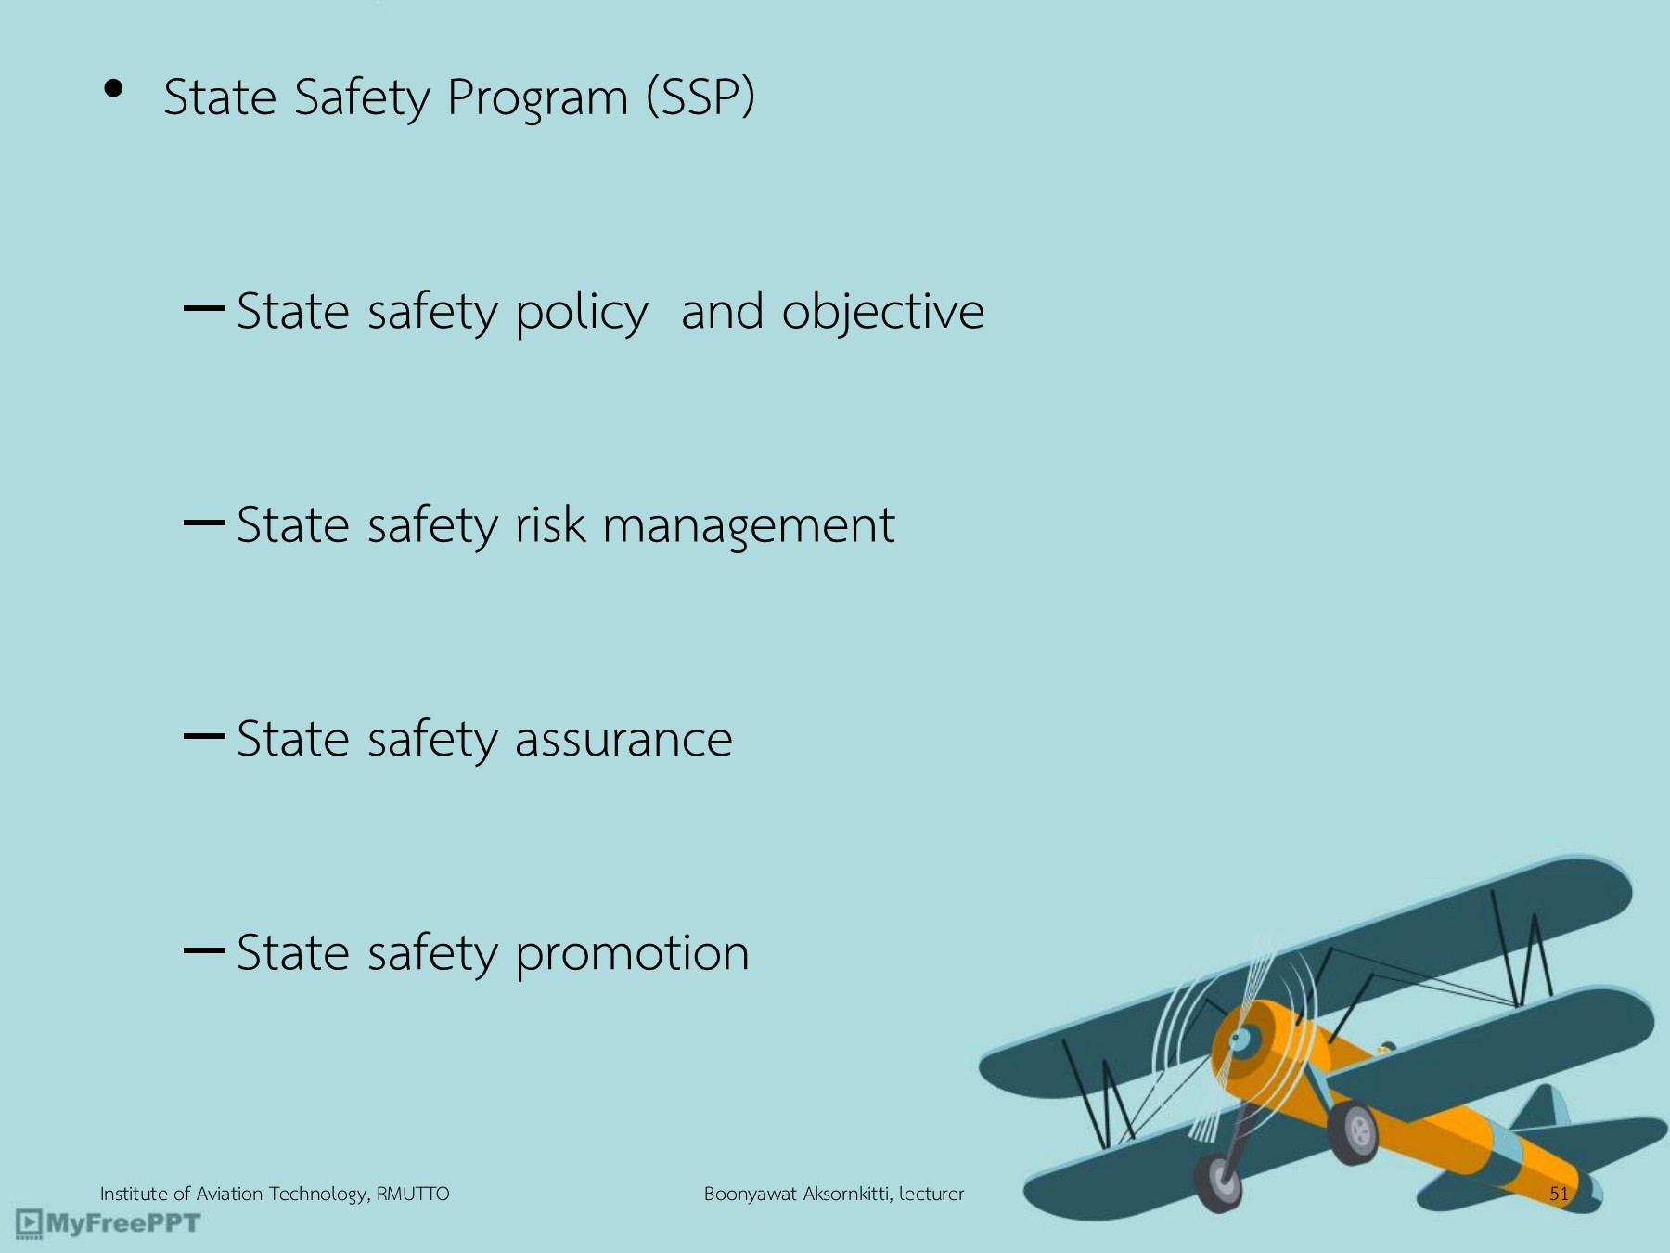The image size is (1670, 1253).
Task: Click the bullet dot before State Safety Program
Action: (114, 89)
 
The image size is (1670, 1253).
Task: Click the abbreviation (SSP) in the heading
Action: (700, 97)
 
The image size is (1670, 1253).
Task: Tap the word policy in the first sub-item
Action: (581, 314)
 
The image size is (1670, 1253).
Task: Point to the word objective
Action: (882, 314)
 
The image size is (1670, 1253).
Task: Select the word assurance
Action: (623, 740)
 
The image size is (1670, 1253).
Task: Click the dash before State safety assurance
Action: (204, 737)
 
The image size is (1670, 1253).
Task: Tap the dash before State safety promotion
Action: (204, 950)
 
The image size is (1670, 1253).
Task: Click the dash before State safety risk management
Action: (204, 523)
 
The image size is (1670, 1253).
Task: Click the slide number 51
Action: (1559, 1194)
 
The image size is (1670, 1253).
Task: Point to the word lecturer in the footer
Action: (931, 1194)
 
